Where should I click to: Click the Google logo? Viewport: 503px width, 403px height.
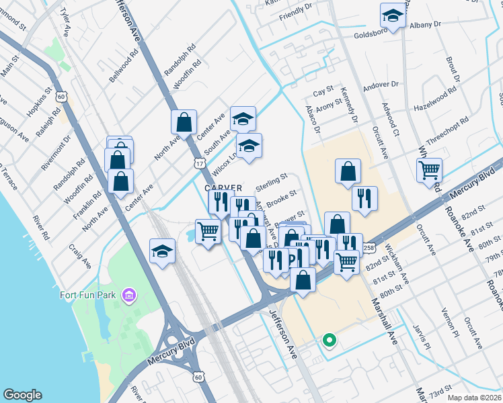point(22,395)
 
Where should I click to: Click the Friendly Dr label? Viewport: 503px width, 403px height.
point(296,11)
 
